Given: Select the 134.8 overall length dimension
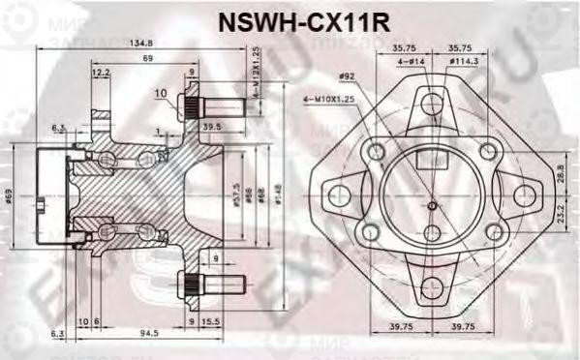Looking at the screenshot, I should [141, 43].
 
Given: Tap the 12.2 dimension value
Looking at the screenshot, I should [101, 73].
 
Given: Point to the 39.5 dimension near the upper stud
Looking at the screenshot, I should [212, 126].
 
